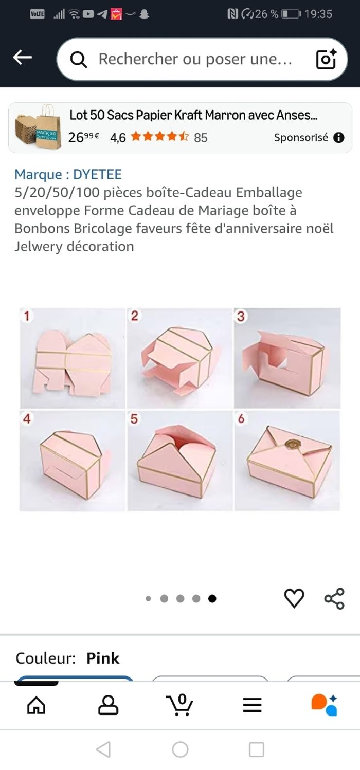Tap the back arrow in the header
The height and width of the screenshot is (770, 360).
pyautogui.click(x=22, y=58)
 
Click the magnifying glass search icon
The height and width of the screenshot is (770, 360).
pyautogui.click(x=79, y=60)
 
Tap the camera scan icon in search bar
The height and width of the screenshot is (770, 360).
pyautogui.click(x=326, y=59)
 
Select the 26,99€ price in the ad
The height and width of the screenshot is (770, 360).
pyautogui.click(x=84, y=137)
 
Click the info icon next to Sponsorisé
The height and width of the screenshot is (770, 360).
pyautogui.click(x=338, y=137)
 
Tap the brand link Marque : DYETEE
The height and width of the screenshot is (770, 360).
pyautogui.click(x=68, y=175)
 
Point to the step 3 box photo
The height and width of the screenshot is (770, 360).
pyautogui.click(x=287, y=358)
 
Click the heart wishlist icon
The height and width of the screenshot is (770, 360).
pyautogui.click(x=294, y=598)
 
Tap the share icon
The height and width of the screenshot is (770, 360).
pyautogui.click(x=334, y=598)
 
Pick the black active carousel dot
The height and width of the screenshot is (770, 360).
pyautogui.click(x=212, y=598)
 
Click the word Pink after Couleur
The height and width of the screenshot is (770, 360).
pyautogui.click(x=103, y=658)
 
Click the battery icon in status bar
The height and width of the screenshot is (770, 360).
pyautogui.click(x=291, y=14)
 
